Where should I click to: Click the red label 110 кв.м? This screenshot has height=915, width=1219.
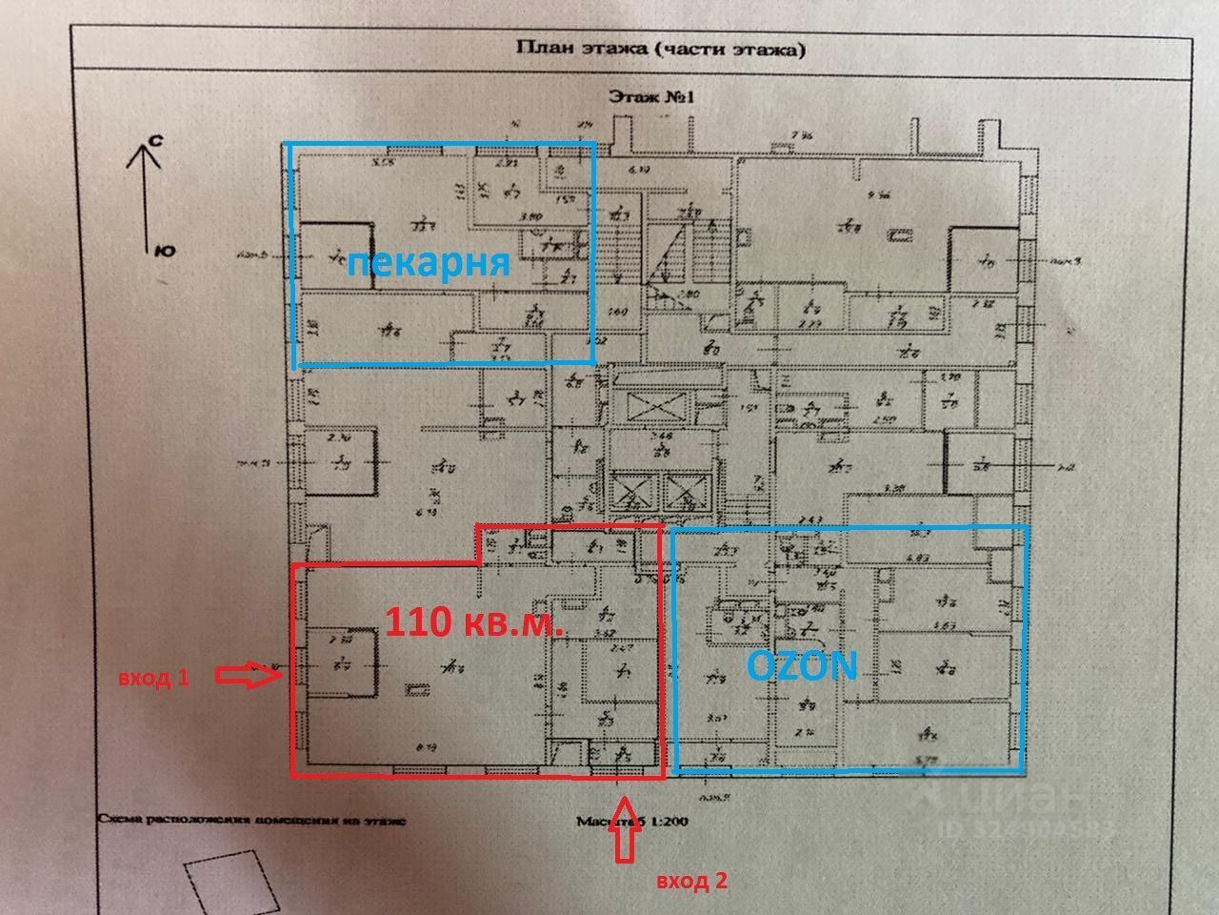[x=474, y=623]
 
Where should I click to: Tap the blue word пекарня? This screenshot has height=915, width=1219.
[x=428, y=262]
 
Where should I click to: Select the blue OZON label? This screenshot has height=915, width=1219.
[x=802, y=665]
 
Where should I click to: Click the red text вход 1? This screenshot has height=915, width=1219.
[x=154, y=678]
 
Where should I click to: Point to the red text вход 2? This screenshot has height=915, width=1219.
[x=692, y=881]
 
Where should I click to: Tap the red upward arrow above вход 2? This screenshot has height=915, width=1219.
[x=625, y=827]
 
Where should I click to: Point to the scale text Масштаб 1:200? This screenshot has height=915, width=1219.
[x=631, y=820]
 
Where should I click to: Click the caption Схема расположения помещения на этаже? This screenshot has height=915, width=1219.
[x=251, y=819]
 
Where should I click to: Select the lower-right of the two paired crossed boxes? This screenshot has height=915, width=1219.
[x=685, y=492]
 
